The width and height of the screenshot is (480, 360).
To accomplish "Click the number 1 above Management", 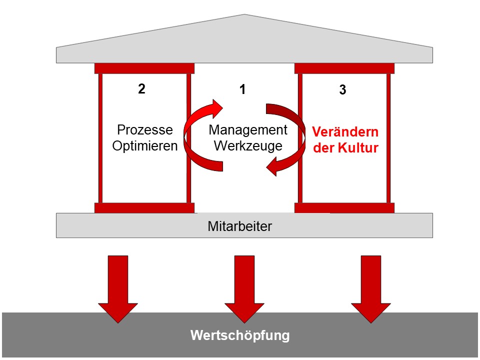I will pos(242,90).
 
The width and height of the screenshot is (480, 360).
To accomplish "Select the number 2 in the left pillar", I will pos(141,89).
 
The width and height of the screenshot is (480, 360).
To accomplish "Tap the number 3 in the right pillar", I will pos(342,90).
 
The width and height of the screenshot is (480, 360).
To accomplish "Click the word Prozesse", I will pos(145,130).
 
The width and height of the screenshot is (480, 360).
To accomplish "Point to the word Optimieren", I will pos(145,146).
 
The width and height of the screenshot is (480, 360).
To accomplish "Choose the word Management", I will pos(248,130).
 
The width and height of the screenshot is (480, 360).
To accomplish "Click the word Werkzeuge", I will pos(248,146).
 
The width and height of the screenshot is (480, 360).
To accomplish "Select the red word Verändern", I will pos(345,132).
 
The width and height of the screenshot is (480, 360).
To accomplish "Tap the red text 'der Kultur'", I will pos(345,148).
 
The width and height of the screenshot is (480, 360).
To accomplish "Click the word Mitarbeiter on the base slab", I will pos(240,226).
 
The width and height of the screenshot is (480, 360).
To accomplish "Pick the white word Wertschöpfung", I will pos(240,335).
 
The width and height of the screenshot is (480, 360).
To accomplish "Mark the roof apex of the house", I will pos(245,16).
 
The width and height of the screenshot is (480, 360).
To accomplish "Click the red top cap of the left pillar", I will pos(144,68).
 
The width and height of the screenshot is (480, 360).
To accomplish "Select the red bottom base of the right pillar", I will pos(344,207).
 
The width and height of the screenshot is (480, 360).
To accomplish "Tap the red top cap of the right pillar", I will pos(344,68).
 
